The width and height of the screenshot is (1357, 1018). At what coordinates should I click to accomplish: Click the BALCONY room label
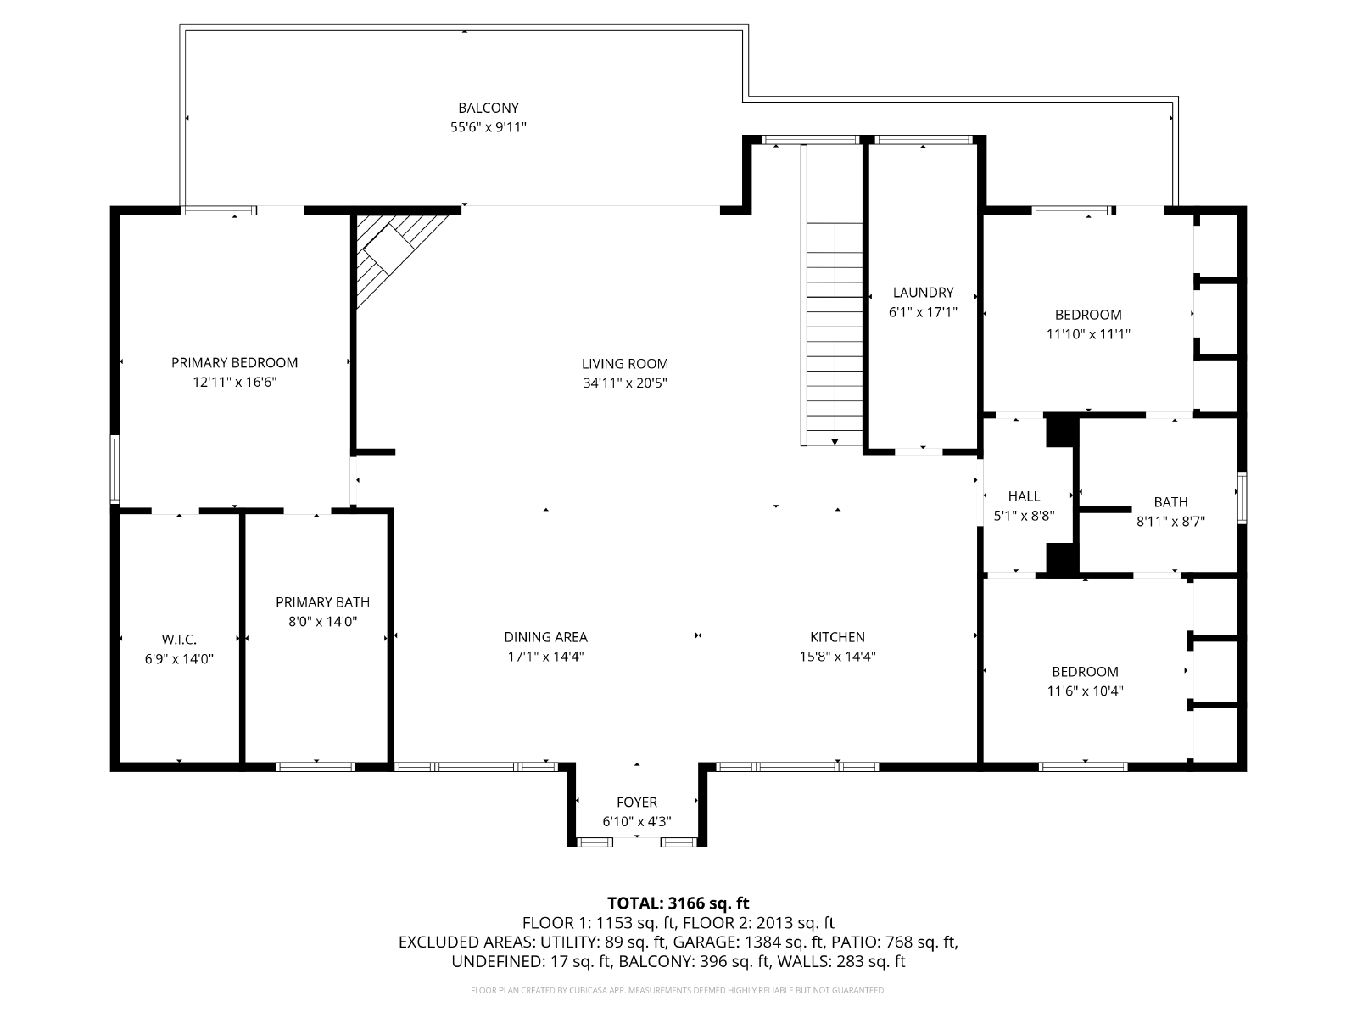(x=488, y=109)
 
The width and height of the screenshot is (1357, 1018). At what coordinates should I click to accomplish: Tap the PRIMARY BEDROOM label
(x=234, y=363)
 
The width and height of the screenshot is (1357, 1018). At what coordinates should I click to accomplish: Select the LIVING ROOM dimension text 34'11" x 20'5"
(x=624, y=383)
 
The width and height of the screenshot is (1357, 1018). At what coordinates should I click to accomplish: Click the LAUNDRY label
(x=923, y=293)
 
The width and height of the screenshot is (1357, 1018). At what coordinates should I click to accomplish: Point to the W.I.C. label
(x=179, y=639)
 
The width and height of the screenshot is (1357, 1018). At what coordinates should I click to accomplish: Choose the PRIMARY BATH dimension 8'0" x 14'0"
(x=323, y=621)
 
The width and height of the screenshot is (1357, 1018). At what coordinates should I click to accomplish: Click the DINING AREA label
(x=546, y=637)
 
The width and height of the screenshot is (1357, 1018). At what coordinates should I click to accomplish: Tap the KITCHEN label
(x=837, y=637)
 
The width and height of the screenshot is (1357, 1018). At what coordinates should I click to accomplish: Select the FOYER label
(x=637, y=803)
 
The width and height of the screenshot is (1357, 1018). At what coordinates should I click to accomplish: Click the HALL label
(x=1024, y=496)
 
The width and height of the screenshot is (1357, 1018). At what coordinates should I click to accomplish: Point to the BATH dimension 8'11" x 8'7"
(x=1171, y=521)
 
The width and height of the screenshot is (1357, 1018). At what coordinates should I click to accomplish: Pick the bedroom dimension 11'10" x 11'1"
(x=1088, y=334)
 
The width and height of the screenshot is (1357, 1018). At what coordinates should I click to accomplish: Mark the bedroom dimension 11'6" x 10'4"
(x=1085, y=691)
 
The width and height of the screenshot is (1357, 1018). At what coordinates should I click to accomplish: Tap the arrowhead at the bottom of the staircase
(x=835, y=442)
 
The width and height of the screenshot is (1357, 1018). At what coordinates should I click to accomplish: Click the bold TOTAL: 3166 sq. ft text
(x=678, y=903)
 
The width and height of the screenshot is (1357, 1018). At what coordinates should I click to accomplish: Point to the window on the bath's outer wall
(x=1242, y=498)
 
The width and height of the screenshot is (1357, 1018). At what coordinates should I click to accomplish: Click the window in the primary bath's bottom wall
(x=316, y=767)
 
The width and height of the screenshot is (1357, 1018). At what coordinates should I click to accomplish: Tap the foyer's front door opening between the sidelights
(x=637, y=842)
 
